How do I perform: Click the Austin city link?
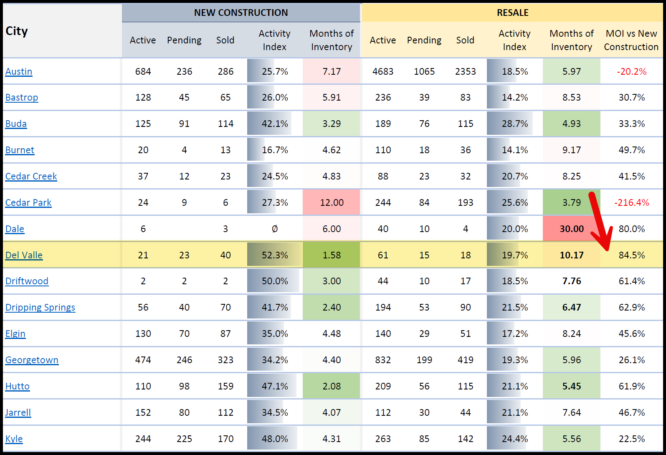[19, 71]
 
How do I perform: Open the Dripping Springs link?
[40, 307]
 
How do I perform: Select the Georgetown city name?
[32, 360]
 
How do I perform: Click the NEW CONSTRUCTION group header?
[241, 13]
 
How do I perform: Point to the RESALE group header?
[512, 13]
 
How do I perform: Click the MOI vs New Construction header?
[631, 40]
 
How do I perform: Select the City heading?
[17, 31]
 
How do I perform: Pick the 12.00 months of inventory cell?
[332, 202]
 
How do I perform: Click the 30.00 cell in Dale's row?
[572, 229]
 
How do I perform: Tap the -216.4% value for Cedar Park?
[631, 202]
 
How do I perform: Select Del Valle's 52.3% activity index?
[275, 255]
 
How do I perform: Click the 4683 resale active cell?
[383, 71]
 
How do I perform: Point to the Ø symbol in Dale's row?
[275, 229]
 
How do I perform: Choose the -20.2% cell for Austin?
[631, 71]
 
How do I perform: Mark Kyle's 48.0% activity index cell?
[275, 439]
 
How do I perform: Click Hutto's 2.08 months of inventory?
[332, 386]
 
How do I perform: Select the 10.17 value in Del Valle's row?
[572, 255]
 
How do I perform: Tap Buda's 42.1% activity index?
[275, 124]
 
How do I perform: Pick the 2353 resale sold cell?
[465, 71]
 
